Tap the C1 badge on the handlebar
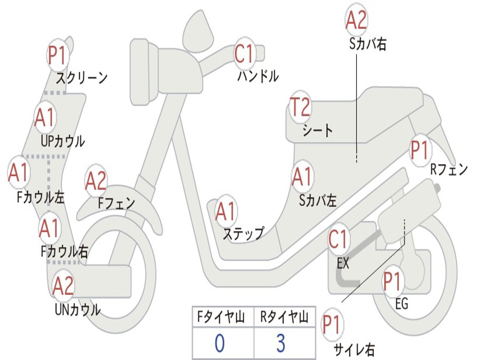tap(244, 53)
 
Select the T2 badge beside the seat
tap(300, 107)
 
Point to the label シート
tap(318, 130)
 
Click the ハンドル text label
tap(258, 75)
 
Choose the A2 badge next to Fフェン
tap(96, 181)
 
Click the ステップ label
tap(243, 233)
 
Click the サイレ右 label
tap(354, 349)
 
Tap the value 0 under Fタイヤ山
tap(219, 344)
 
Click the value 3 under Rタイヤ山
tap(280, 344)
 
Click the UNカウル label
tap(78, 309)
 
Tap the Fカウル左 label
tap(41, 197)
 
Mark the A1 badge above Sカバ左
tap(302, 176)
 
